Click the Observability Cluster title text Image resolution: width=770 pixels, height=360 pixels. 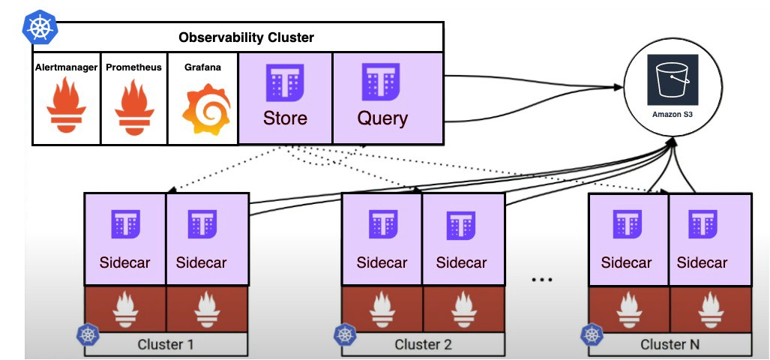246,37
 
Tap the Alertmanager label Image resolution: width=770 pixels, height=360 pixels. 66,67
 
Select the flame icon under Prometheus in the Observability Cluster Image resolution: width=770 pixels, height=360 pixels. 134,106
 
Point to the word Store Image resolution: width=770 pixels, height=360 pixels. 285,118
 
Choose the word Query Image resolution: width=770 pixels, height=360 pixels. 382,118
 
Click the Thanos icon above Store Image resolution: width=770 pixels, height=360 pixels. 285,82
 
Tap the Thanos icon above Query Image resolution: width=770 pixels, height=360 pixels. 381,82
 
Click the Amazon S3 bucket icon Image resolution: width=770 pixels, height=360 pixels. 673,80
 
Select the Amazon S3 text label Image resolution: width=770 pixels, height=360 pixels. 673,115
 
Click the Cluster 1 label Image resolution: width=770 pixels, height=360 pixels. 166,344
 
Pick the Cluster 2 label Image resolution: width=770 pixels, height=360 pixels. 423,344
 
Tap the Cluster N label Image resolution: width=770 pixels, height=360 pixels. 670,344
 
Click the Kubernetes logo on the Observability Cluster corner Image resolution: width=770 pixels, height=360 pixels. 40,28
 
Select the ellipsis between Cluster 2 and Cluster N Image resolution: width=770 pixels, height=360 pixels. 542,280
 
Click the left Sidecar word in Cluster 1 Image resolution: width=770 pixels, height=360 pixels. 124,262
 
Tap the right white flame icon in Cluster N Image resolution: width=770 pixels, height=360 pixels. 710,309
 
